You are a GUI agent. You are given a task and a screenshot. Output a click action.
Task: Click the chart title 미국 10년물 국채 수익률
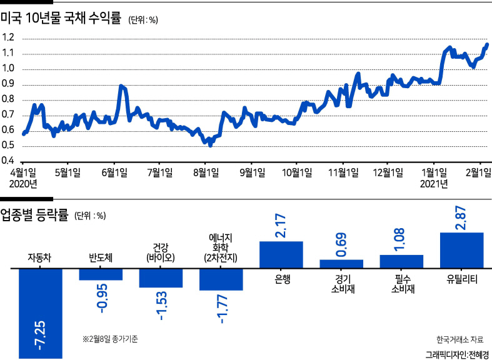click(x=61, y=18)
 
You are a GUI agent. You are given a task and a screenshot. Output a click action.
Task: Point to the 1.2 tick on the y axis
click(x=8, y=39)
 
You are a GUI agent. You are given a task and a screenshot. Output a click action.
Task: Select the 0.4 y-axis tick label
click(x=8, y=161)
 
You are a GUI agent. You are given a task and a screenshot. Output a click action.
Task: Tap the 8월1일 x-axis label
click(x=206, y=172)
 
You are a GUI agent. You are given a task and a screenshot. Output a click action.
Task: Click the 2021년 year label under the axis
click(x=434, y=183)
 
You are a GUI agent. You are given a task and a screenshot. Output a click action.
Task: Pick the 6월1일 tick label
click(x=114, y=172)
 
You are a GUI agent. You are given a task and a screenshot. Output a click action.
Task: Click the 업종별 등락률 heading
click(x=34, y=216)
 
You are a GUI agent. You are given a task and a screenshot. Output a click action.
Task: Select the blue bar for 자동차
click(x=41, y=313)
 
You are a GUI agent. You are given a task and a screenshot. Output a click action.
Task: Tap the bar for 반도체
click(x=101, y=274)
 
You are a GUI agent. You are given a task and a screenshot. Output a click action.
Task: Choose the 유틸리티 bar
click(x=462, y=251)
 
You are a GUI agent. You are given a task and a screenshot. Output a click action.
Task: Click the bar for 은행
click(x=281, y=255)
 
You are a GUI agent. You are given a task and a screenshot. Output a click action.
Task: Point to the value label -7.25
click(x=41, y=336)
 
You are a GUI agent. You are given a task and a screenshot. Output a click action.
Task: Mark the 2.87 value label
click(x=461, y=218)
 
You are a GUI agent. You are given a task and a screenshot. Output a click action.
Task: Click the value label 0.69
click(x=341, y=245)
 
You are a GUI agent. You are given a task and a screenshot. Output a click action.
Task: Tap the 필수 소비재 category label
click(x=401, y=284)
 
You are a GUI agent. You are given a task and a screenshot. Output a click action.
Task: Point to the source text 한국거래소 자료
click(x=459, y=339)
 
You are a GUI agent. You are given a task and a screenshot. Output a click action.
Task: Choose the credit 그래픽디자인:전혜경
click(x=457, y=354)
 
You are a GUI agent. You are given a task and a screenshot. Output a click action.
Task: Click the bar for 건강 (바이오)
click(x=161, y=278)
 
